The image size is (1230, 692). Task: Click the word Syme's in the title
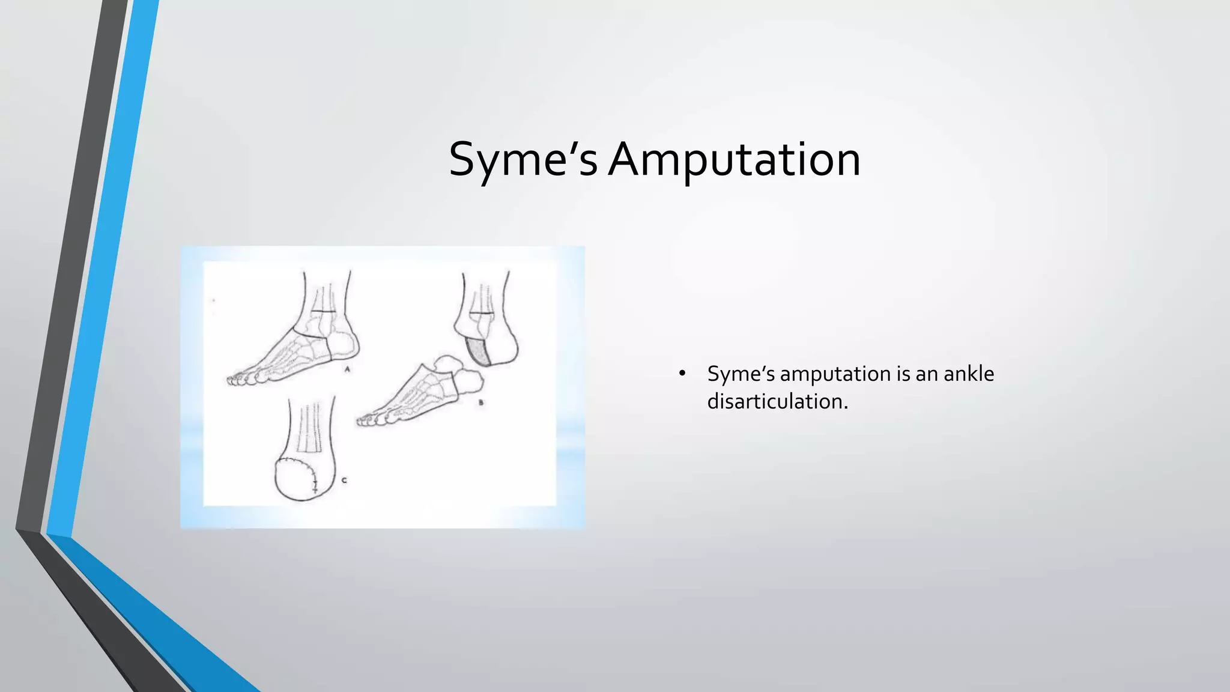click(x=523, y=160)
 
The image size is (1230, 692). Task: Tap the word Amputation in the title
click(x=734, y=160)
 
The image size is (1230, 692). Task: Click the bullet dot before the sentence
click(x=682, y=374)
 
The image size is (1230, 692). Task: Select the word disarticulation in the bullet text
click(x=777, y=401)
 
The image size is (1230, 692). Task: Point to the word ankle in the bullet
click(x=969, y=374)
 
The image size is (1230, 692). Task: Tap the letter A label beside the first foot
click(x=347, y=369)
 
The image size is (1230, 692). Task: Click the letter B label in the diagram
click(x=480, y=403)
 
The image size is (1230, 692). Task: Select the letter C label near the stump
click(x=344, y=480)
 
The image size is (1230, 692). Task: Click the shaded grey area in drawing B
click(x=480, y=352)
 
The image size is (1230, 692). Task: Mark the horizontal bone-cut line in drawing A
click(x=323, y=312)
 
